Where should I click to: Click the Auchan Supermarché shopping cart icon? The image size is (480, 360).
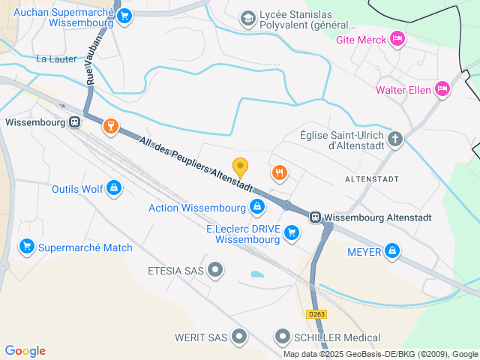tap(124, 15)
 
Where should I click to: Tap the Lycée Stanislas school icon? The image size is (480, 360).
tap(247, 17)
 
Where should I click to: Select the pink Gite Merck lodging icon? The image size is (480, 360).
tap(397, 38)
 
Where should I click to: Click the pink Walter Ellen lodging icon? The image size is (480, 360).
tap(442, 90)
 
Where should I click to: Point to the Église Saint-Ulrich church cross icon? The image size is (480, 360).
tap(395, 138)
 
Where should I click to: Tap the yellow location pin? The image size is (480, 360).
tap(240, 167)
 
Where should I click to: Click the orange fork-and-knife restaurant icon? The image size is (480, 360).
tap(280, 173)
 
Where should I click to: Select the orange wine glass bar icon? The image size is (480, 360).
tap(111, 125)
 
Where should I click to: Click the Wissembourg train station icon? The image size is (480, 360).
tap(74, 122)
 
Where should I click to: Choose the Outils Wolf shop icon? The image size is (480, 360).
tap(113, 187)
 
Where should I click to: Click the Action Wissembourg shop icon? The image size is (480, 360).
tap(257, 206)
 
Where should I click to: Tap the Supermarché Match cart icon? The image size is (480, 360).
tap(27, 246)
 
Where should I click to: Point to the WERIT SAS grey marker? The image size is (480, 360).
tap(239, 337)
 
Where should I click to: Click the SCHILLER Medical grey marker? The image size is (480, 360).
tap(283, 337)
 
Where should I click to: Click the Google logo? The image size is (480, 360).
tap(25, 350)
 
